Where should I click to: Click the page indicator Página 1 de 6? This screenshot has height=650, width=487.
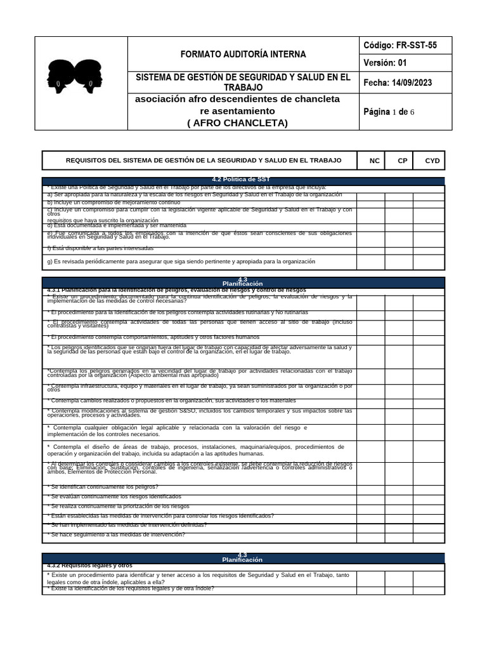(389, 112)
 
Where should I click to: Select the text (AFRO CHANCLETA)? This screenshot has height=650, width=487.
(238, 123)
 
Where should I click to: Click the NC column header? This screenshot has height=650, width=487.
(375, 161)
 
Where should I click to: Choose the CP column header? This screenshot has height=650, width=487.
(403, 161)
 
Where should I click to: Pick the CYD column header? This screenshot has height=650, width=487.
(432, 161)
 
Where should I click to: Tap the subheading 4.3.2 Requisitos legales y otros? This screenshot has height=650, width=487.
(89, 565)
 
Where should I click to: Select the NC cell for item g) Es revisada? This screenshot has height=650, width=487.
(370, 262)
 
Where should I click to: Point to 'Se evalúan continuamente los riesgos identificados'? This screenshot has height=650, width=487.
(115, 496)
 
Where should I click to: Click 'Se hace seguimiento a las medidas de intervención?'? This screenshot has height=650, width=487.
(117, 534)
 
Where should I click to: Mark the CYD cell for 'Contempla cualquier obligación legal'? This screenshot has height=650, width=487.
(429, 431)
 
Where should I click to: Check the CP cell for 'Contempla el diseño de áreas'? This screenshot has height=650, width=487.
(399, 451)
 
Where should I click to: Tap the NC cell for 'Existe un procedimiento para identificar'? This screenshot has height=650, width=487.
(370, 578)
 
